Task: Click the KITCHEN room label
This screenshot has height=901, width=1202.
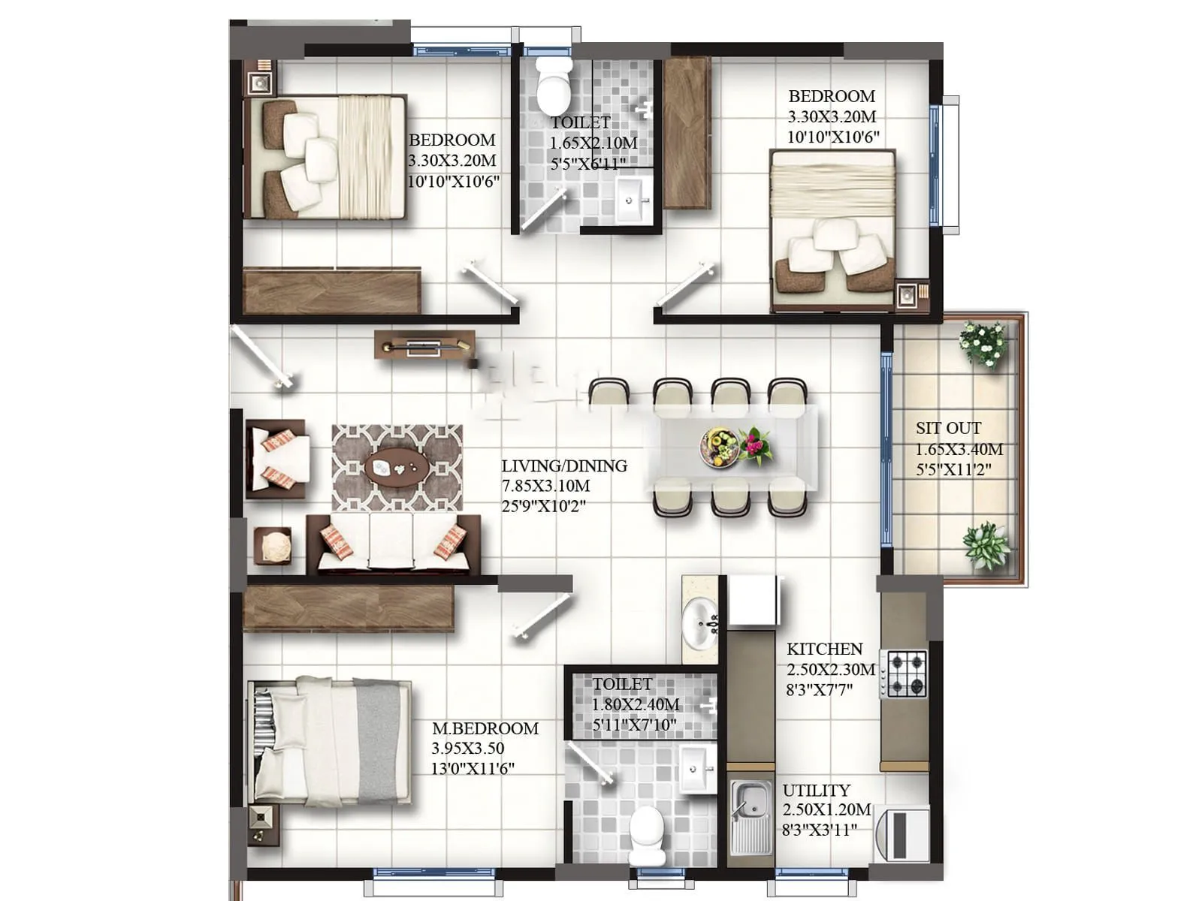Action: point(824,649)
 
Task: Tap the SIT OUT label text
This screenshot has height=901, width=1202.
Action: point(948,428)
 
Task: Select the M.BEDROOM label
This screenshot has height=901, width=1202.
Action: point(485,728)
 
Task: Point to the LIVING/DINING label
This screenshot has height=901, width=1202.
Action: point(564,466)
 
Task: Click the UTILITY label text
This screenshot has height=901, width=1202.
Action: point(816,791)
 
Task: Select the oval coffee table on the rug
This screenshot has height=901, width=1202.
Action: point(397,469)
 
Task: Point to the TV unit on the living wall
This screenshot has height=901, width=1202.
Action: point(424,345)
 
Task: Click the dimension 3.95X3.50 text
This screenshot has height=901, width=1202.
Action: point(467,749)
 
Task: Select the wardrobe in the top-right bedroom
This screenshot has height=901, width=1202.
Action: point(687,133)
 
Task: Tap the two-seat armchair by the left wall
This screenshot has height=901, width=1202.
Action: point(276,458)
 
